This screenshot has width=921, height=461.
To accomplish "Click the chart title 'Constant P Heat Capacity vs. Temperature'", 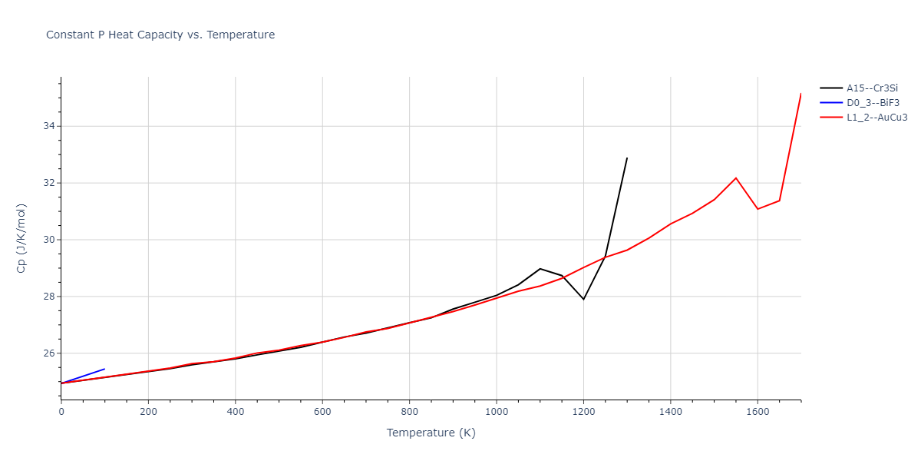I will tap(160, 35).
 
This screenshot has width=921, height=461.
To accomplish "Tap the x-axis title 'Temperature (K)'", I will tap(431, 433).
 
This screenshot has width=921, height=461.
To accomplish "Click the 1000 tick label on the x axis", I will tap(496, 412).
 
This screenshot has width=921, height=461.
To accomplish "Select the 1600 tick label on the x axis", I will tap(758, 412).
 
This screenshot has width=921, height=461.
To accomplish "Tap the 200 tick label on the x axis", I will tap(148, 412).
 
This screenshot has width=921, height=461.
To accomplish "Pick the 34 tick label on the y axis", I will tap(48, 126).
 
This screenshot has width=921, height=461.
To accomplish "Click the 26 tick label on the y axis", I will tap(48, 353).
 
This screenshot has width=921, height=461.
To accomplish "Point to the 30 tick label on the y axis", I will tap(48, 240).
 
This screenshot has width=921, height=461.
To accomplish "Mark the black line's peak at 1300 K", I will tap(627, 158).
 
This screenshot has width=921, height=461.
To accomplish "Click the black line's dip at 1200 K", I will tap(583, 299).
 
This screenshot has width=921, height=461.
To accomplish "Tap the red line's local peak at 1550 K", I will tap(736, 178).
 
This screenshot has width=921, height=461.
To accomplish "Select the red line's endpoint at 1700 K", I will tap(801, 94).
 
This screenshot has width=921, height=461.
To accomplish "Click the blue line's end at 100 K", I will tap(104, 369).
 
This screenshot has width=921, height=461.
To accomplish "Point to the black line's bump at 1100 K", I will tap(540, 269).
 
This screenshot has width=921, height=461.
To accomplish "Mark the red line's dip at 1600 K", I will tap(758, 209).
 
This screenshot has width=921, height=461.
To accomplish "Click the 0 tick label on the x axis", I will tap(61, 412).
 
